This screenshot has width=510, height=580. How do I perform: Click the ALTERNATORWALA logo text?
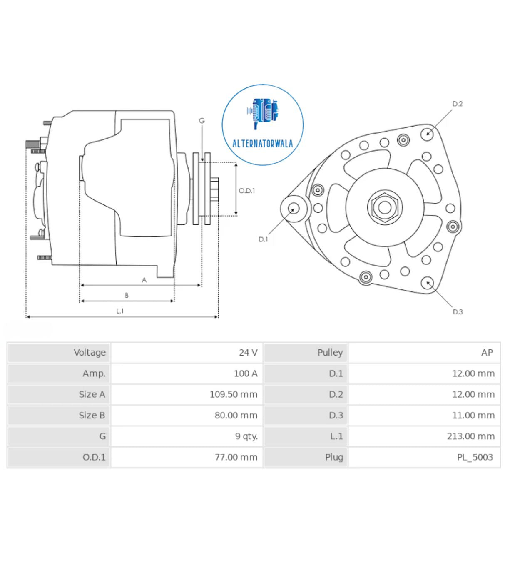coord(262,144)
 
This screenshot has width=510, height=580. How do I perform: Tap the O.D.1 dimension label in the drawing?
coord(246,191)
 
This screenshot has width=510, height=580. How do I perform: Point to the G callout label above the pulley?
coord(202,121)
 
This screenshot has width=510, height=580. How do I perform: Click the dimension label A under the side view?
coord(144,280)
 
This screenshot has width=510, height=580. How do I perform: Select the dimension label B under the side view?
coord(127,295)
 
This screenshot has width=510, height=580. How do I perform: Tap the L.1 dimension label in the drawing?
coord(120,311)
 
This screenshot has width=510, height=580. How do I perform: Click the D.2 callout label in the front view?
coord(457,104)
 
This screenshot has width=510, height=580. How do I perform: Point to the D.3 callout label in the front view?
coord(458,311)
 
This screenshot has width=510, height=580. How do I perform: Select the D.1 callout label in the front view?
coord(264,239)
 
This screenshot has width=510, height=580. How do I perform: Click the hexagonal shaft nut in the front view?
coord(385,207)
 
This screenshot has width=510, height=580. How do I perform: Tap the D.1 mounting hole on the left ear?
coord(294,208)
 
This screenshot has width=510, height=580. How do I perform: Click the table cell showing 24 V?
coord(248,353)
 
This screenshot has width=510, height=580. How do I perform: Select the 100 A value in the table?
coord(246,373)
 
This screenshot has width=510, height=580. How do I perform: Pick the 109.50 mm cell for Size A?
coord(233,394)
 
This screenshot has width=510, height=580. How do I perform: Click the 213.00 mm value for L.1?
coord(470,436)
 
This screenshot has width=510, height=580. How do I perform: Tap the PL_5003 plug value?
coord(475,457)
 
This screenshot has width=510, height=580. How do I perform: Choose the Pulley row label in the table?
coord(330,353)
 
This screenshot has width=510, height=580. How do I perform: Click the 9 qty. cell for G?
coord(246,436)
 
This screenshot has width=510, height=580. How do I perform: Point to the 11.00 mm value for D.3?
coord(473,415)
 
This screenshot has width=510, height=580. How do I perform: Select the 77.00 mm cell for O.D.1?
coord(236,457)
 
